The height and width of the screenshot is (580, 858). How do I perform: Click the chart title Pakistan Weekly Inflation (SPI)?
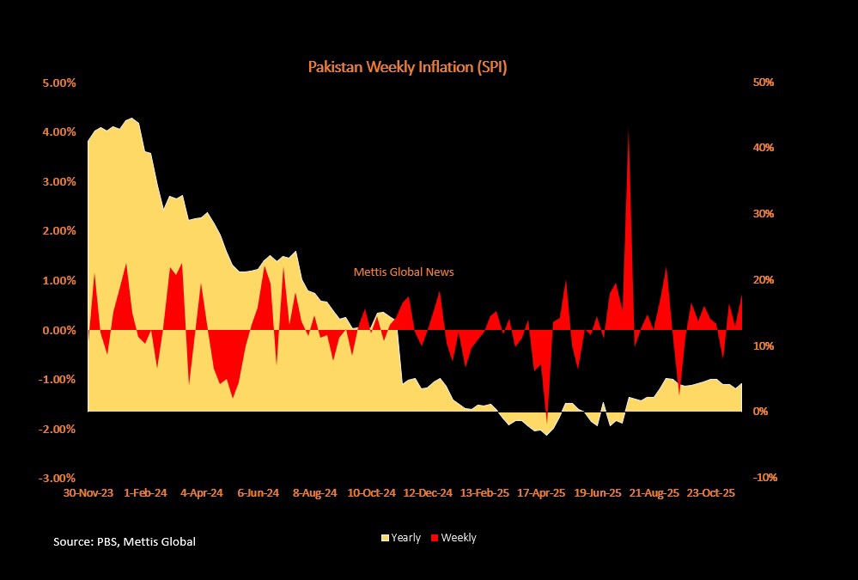click(407, 67)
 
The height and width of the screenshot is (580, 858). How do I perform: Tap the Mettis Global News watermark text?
click(404, 272)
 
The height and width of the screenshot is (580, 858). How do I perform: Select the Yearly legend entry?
click(401, 538)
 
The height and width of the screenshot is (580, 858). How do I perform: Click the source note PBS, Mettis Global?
click(125, 541)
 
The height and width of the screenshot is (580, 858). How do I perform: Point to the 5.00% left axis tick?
click(58, 82)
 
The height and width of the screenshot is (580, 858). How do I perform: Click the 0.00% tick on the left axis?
click(58, 330)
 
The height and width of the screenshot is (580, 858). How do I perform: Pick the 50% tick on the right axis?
click(764, 82)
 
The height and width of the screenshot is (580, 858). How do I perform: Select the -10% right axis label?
click(763, 478)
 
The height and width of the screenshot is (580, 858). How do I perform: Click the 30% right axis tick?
click(764, 214)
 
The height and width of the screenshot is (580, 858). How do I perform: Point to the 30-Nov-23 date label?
click(88, 493)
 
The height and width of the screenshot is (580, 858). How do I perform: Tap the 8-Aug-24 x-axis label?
click(313, 493)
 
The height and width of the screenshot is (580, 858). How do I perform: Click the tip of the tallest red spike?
click(629, 130)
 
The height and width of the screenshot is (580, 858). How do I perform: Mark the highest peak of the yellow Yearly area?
click(131, 119)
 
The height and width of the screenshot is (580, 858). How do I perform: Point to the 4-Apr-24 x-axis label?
click(201, 493)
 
